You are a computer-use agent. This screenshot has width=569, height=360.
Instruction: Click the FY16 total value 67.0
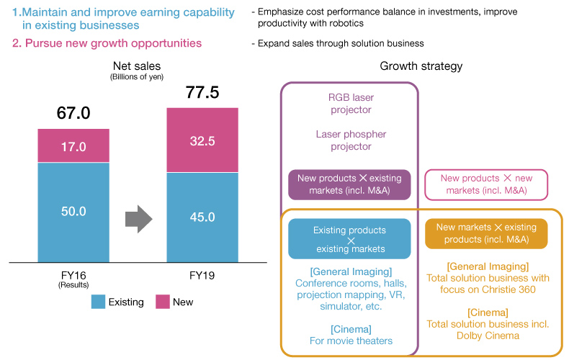point(73,114)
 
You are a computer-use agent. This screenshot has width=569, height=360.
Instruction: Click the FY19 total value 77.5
point(202,92)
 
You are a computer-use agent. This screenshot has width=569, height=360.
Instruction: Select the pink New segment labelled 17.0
point(73,146)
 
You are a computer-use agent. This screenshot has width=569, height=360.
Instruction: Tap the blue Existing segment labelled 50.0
point(73,212)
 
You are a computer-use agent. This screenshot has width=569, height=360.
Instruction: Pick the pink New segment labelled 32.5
point(202,140)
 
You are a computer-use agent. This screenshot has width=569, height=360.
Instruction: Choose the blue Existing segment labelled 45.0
point(202,217)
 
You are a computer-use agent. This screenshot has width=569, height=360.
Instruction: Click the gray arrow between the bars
point(138,216)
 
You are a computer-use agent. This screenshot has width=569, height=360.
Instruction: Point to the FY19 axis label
point(202,275)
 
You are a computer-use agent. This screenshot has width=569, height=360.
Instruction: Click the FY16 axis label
point(73,275)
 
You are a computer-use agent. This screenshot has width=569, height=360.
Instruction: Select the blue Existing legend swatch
point(99,302)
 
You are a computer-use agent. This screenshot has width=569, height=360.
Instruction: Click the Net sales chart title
point(138,66)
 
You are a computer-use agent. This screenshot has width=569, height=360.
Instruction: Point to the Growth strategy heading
point(421,66)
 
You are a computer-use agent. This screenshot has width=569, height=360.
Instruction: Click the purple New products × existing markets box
point(349,184)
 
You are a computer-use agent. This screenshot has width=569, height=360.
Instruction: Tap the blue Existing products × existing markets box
point(349,239)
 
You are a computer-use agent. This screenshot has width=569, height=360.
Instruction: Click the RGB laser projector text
point(350,104)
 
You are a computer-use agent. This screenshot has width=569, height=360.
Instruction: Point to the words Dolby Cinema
point(488,336)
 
